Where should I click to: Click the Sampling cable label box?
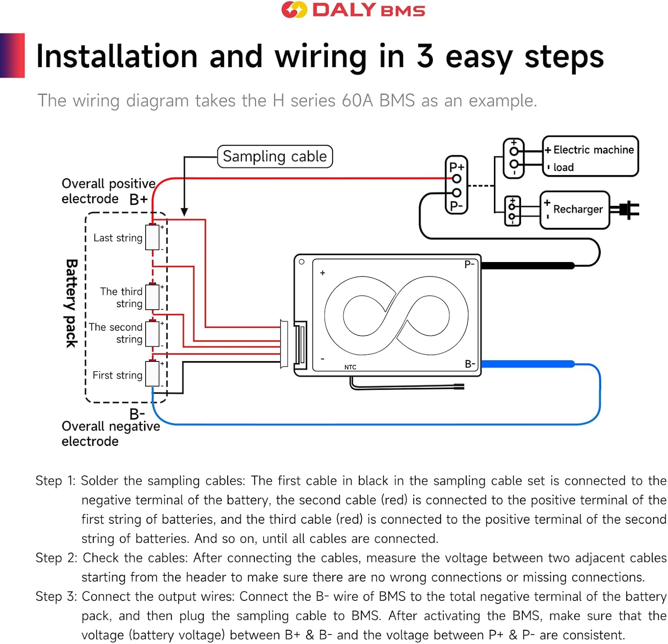pos(275,156)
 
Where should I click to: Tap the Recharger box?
pos(574,210)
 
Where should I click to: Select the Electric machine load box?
pos(590,156)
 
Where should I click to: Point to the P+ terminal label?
pos(456,168)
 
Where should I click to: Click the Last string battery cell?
pos(152,238)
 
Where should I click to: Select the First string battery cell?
pos(152,374)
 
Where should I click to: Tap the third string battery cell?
pos(152,297)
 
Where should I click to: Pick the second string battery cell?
pos(152,333)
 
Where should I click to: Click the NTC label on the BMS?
pos(350,367)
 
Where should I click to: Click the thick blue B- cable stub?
pos(528,364)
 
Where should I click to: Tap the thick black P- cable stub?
pos(528,266)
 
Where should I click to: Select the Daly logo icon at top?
pos(294,10)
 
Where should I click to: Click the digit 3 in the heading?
pos(425,57)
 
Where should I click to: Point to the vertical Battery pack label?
pos(72,303)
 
